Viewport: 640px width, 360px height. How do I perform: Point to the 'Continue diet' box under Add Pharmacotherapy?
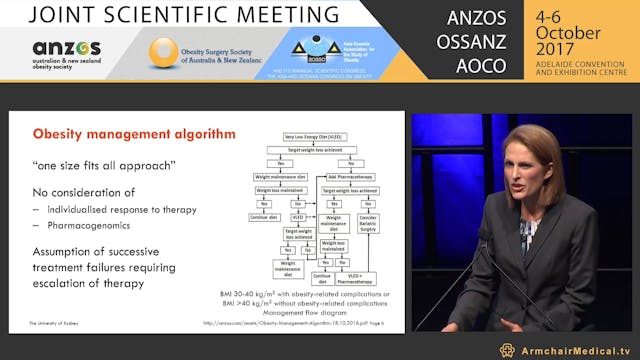click(323, 278)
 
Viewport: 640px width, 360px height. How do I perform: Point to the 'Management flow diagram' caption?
click(320, 311)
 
